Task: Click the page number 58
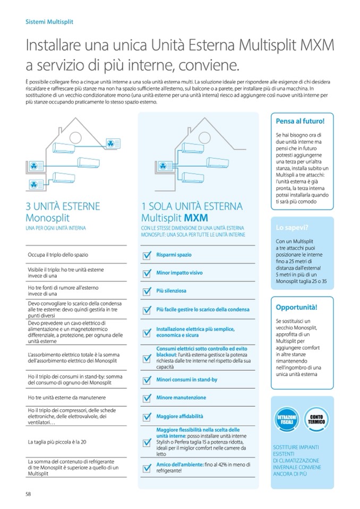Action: point(29,494)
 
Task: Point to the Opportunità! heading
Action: point(297,307)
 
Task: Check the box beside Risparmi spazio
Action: point(148,256)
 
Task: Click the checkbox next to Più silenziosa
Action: point(148,291)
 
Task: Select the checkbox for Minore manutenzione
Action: point(148,398)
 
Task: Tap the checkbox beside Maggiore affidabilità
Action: point(148,417)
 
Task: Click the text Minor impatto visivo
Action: point(179,273)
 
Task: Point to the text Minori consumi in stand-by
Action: point(186,380)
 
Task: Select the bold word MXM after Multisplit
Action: point(196,218)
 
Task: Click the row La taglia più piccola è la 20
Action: point(58,441)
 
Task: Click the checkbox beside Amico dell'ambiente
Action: point(148,468)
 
